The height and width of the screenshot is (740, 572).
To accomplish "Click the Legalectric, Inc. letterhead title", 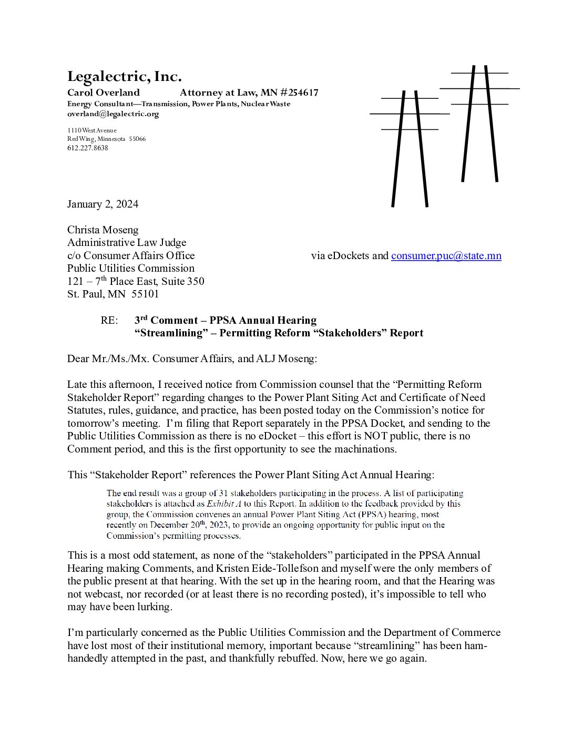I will [x=125, y=77].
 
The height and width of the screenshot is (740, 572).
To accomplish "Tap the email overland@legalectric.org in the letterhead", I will [x=113, y=114].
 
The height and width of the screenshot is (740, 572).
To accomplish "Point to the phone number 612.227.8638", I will [x=87, y=148].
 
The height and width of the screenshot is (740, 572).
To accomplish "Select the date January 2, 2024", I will [x=103, y=204].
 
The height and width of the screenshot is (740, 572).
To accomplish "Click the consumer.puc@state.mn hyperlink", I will [x=446, y=256].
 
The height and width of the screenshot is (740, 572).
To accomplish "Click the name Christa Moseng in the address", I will [x=103, y=230].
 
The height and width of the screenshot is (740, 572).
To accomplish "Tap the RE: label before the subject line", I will [x=109, y=321].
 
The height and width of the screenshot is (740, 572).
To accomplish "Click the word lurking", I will [x=154, y=607].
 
